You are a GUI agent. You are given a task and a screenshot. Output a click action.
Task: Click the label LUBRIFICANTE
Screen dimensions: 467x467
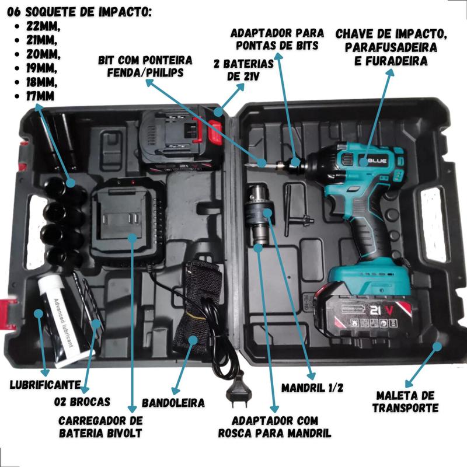[46, 385]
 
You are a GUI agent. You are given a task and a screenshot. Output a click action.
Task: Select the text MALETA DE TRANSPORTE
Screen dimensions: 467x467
[406, 402]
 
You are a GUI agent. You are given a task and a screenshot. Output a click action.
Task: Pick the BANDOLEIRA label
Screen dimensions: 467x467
[173, 403]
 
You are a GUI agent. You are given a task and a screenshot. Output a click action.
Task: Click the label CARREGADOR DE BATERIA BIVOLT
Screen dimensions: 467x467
[101, 427]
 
